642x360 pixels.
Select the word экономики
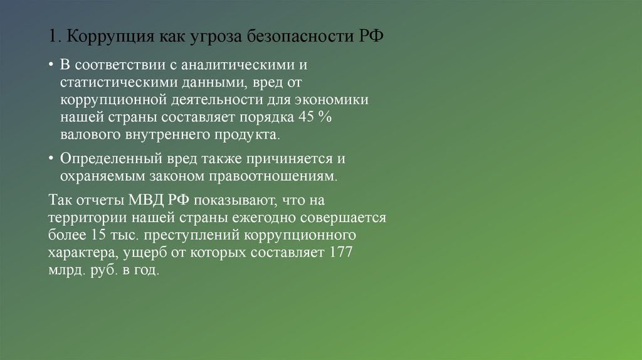click(330, 100)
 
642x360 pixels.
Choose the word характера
click(79, 253)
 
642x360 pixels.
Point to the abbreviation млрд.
click(65, 271)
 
